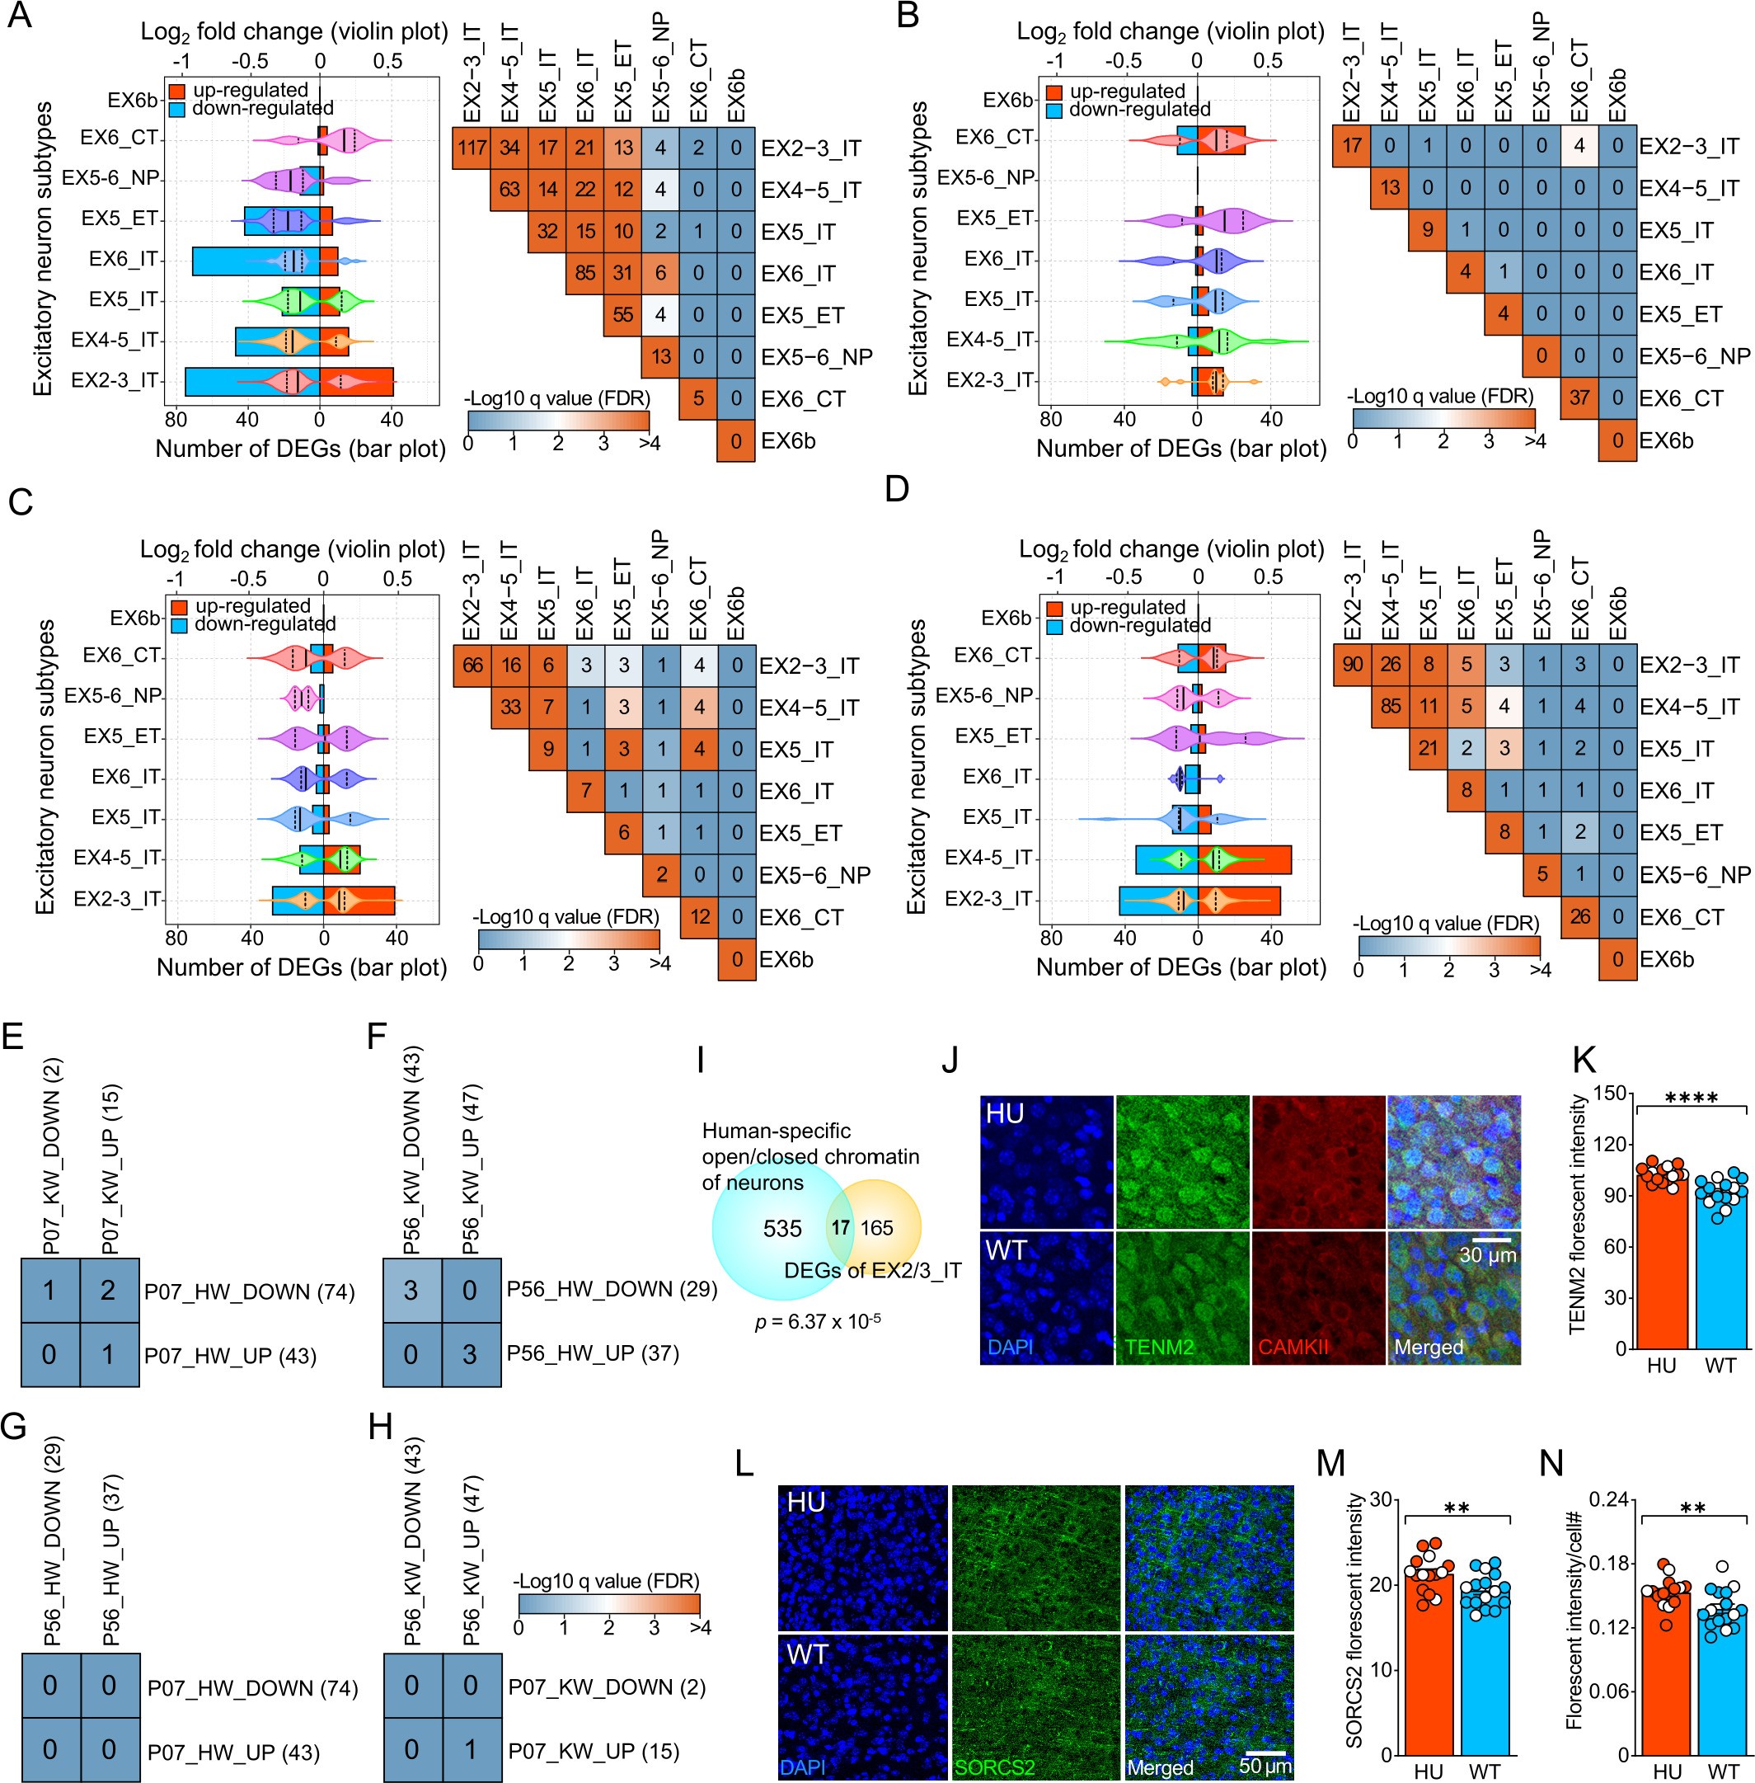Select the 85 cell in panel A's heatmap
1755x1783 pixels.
point(584,273)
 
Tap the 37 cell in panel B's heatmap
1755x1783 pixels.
point(1579,398)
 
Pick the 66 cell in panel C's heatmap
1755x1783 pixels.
point(472,666)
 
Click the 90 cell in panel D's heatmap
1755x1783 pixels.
point(1352,665)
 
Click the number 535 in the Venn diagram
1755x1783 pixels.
point(781,1228)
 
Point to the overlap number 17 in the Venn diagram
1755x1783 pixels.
point(840,1227)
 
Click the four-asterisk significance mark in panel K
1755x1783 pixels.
point(1692,1098)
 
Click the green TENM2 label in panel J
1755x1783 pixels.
point(1159,1347)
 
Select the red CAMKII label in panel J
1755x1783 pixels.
point(1293,1347)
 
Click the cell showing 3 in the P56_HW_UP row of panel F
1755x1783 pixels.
point(469,1353)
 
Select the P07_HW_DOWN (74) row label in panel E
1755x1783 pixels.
point(249,1291)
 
